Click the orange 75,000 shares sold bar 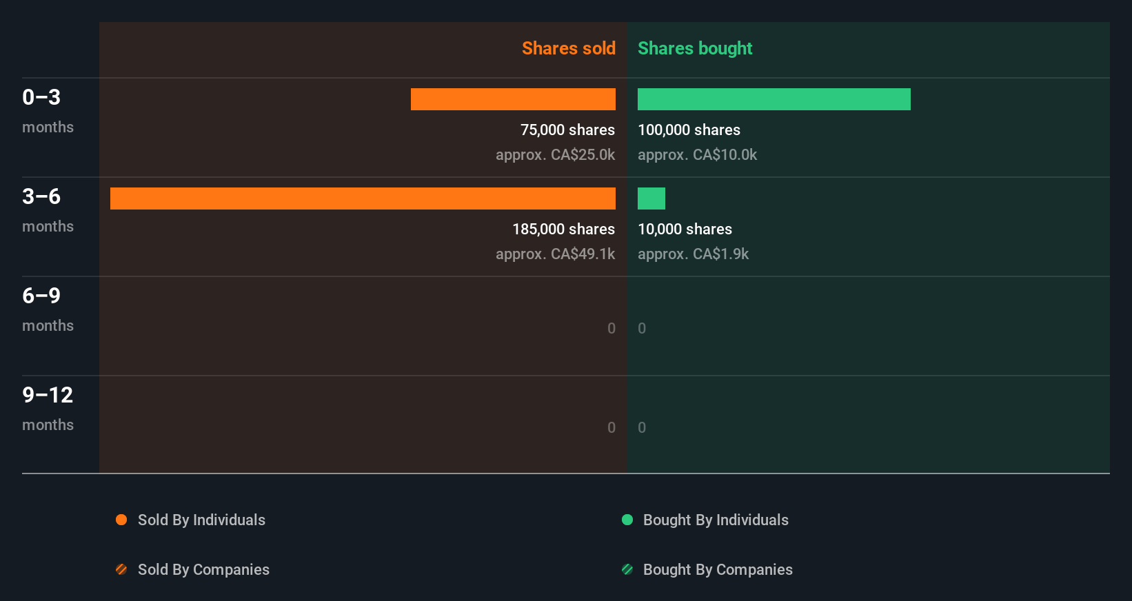(x=513, y=99)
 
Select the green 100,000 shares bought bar (x=774, y=99)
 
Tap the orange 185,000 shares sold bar (x=363, y=198)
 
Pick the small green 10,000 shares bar (x=651, y=198)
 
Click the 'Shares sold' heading (x=568, y=48)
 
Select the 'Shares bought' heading (x=694, y=48)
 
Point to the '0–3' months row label (x=41, y=97)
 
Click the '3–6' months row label (x=41, y=196)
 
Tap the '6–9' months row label (x=41, y=296)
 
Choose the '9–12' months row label (x=48, y=395)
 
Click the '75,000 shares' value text (x=567, y=130)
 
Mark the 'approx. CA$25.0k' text (x=555, y=155)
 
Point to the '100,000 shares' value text (x=689, y=130)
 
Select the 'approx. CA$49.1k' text (x=555, y=254)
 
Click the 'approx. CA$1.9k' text (x=693, y=254)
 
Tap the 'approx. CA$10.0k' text (x=697, y=155)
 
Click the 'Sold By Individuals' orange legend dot (x=121, y=520)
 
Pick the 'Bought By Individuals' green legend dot (x=627, y=520)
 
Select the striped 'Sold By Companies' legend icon (x=121, y=569)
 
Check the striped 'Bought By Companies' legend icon (x=627, y=569)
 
